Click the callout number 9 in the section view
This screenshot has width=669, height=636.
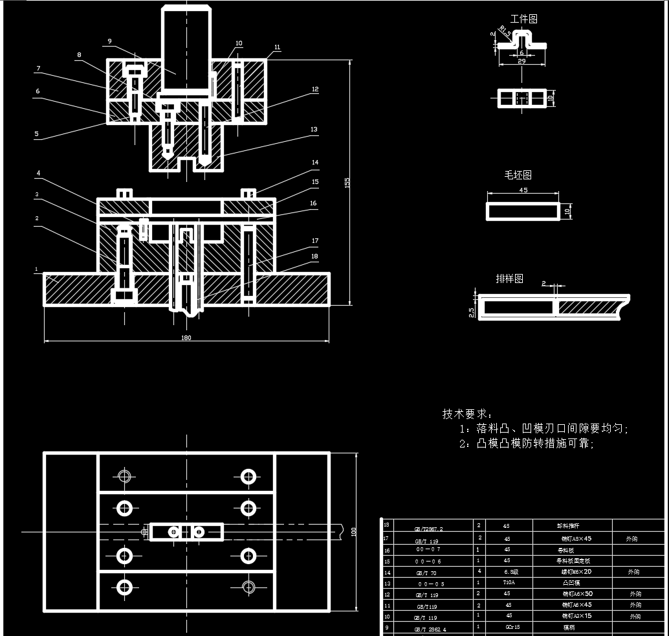[x=109, y=41]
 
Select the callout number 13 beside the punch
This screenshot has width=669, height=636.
[x=314, y=130]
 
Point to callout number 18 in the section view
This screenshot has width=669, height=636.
[x=315, y=256]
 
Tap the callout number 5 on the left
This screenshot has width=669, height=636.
[x=36, y=134]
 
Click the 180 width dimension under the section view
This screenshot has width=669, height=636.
[x=186, y=337]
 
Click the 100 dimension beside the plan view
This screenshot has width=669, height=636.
[x=354, y=531]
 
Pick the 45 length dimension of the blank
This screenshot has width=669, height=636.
[x=523, y=190]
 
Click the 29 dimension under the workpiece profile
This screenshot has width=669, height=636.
[x=521, y=61]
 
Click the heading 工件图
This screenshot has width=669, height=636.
[x=523, y=19]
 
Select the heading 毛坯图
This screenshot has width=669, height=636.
[x=518, y=175]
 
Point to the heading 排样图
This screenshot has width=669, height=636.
[x=509, y=278]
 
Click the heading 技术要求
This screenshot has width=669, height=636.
[x=466, y=413]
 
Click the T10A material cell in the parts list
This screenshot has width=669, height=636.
[x=509, y=582]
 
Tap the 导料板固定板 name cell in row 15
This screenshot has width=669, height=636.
[x=573, y=560]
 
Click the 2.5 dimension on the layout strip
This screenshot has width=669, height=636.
[x=471, y=312]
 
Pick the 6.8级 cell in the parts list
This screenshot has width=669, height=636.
[x=509, y=571]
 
